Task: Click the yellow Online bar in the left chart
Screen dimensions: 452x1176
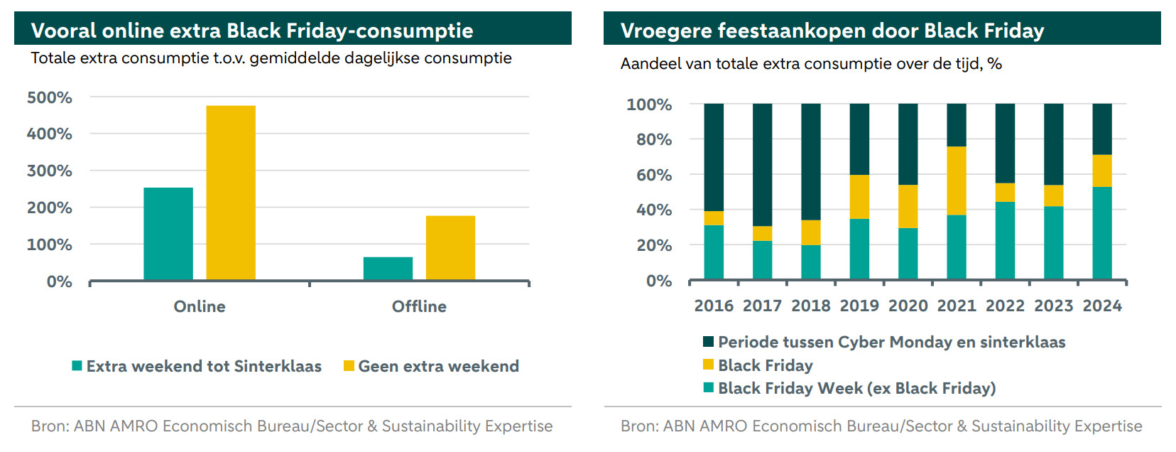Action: [x=231, y=193]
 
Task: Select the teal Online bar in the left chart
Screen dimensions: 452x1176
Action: [x=168, y=234]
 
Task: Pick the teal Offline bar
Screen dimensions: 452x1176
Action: [x=388, y=269]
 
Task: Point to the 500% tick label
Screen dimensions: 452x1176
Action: [x=50, y=97]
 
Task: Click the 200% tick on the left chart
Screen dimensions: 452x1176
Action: [x=50, y=208]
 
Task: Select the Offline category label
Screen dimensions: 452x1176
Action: [x=419, y=306]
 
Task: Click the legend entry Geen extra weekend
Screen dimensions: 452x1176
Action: [x=438, y=366]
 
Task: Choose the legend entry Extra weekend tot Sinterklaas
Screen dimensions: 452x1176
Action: [x=204, y=366]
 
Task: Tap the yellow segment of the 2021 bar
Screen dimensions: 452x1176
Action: [x=957, y=181]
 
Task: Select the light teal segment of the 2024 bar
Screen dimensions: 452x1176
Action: [x=1102, y=233]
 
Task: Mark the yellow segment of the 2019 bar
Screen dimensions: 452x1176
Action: [x=859, y=197]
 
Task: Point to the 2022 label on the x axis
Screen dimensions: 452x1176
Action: [x=1005, y=306]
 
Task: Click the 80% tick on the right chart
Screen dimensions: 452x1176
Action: [x=654, y=139]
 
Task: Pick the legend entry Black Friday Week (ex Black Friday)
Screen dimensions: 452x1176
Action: [x=856, y=388]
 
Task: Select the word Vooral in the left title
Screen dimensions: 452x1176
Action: [x=63, y=31]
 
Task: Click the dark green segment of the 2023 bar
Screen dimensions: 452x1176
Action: [x=1054, y=144]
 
